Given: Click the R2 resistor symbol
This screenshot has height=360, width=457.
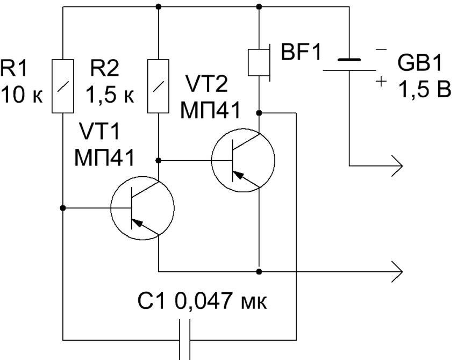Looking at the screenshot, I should click(x=158, y=86).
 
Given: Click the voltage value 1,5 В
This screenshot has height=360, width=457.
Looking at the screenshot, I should click(x=422, y=90).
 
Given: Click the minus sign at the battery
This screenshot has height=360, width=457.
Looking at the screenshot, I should click(x=381, y=50).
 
